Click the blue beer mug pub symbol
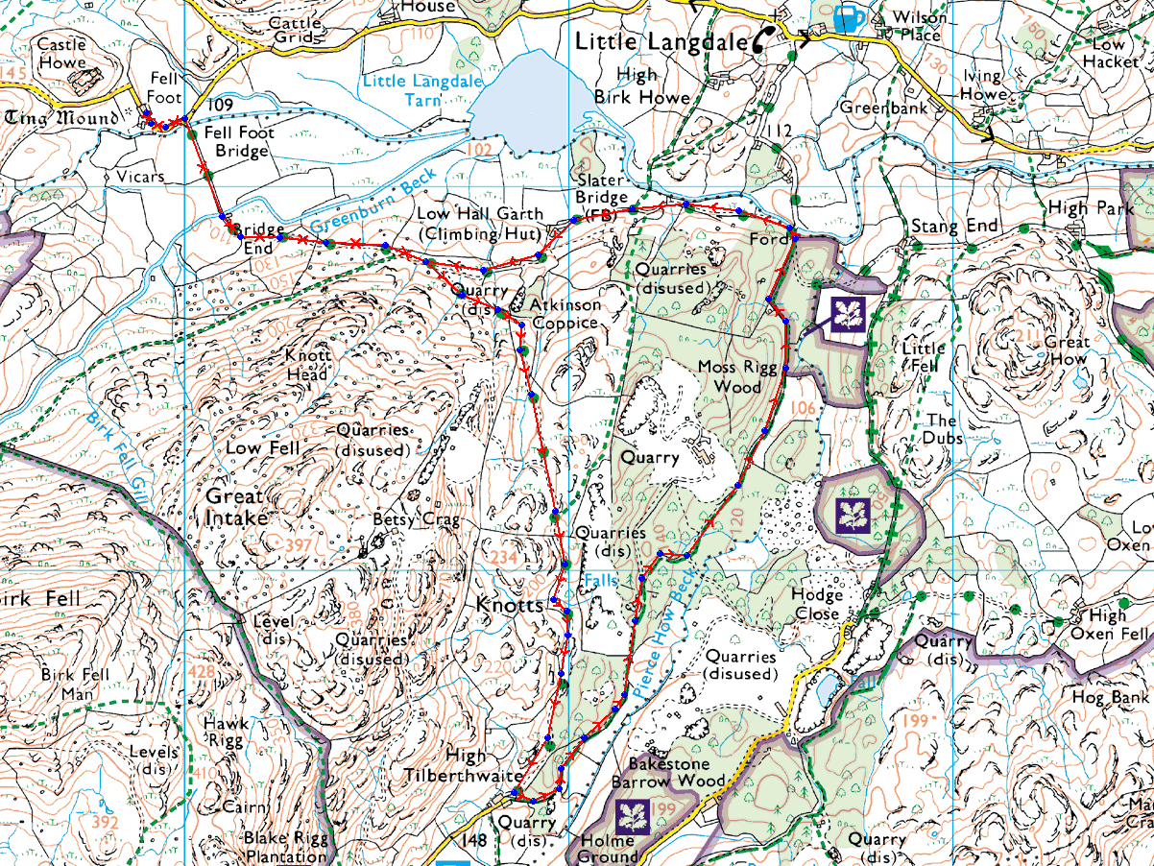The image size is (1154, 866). click(x=848, y=18)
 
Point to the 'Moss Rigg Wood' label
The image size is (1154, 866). click(x=730, y=377)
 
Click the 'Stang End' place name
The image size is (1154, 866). click(x=955, y=227)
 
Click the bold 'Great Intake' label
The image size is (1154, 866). click(x=235, y=507)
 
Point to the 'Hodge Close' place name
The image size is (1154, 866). click(x=816, y=604)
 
